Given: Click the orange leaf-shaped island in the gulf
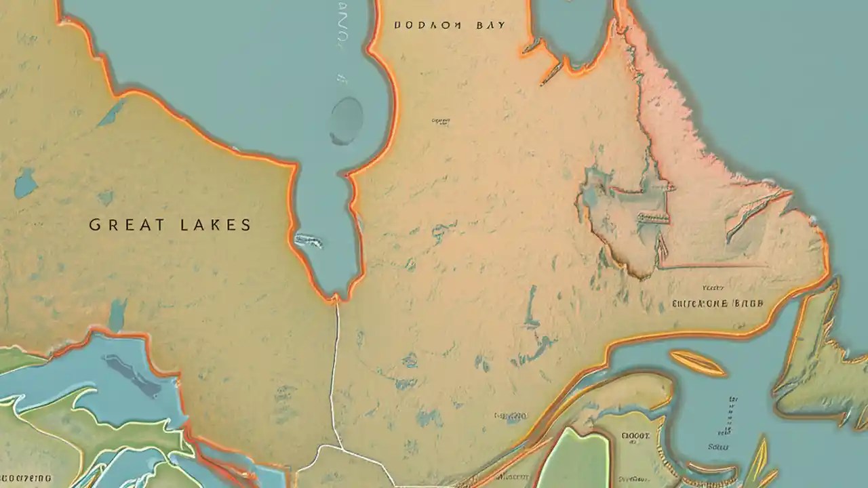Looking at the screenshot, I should click(x=696, y=363).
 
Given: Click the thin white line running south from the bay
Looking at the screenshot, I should click(x=334, y=373).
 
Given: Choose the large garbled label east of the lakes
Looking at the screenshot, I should click(x=717, y=304).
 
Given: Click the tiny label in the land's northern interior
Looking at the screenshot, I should click(x=440, y=121).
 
